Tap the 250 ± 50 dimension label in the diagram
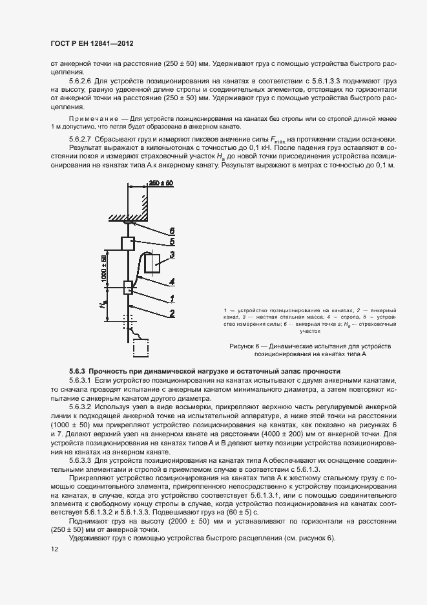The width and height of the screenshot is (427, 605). (161, 184)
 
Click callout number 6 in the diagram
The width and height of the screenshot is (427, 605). (171, 229)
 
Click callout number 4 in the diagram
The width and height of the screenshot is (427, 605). (171, 282)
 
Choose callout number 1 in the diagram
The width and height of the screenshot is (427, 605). (171, 298)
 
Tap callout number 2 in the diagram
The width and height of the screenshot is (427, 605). (171, 313)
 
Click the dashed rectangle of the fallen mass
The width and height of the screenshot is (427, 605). (142, 348)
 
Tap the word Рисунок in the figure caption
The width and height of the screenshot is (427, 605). (243, 346)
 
